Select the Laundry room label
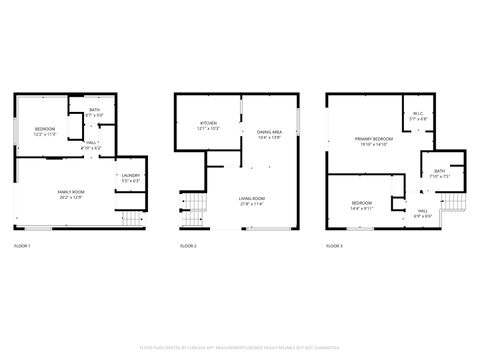coord(130,177)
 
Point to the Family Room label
coord(70,193)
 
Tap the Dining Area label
coord(269,134)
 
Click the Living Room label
coord(251,200)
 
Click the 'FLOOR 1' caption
coord(22,245)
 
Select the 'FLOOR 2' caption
coord(188,245)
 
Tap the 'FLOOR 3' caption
coord(334,245)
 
